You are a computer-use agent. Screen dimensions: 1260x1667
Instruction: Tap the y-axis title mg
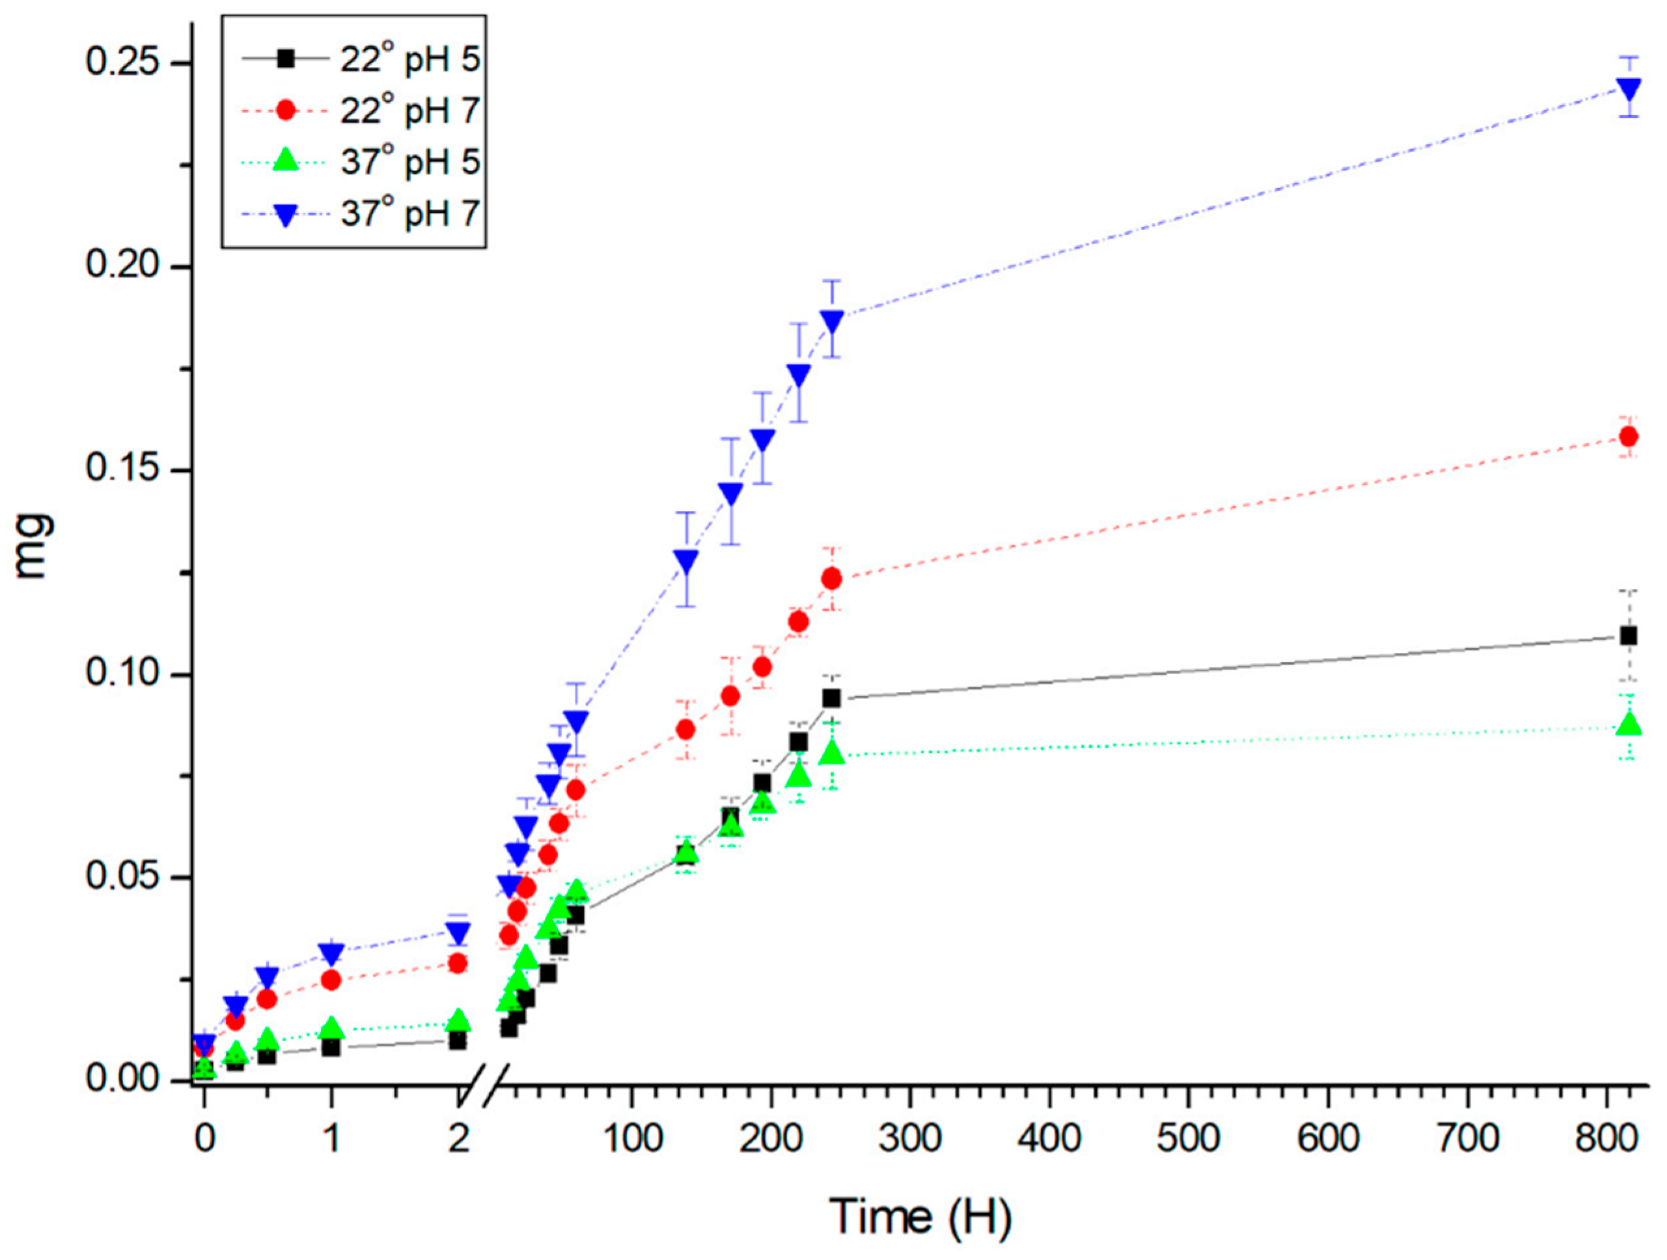(34, 545)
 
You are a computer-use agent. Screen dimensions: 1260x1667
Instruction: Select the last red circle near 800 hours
(1629, 436)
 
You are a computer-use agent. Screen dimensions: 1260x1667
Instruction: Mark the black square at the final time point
(1629, 636)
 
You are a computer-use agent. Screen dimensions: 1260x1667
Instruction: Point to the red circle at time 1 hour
(331, 980)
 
